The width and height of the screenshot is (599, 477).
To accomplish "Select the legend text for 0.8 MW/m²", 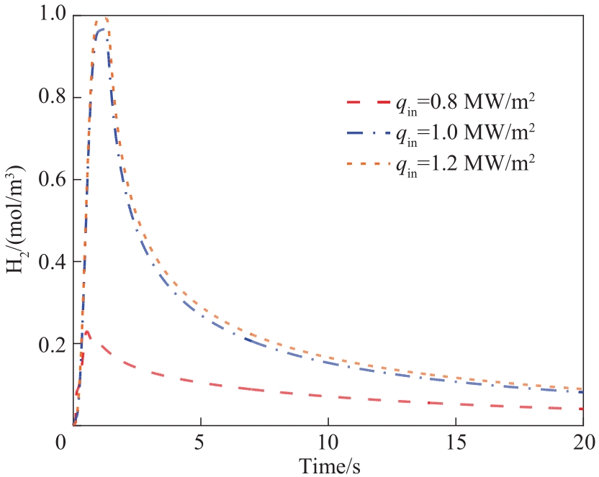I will pos(465,104).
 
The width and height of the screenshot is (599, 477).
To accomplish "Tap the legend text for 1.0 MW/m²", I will pos(465,134).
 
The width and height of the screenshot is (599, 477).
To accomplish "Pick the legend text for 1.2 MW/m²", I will pos(465,163).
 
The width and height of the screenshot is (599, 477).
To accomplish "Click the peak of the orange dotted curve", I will pos(105,18).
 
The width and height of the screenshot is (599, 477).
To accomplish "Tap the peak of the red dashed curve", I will pos(87,332).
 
